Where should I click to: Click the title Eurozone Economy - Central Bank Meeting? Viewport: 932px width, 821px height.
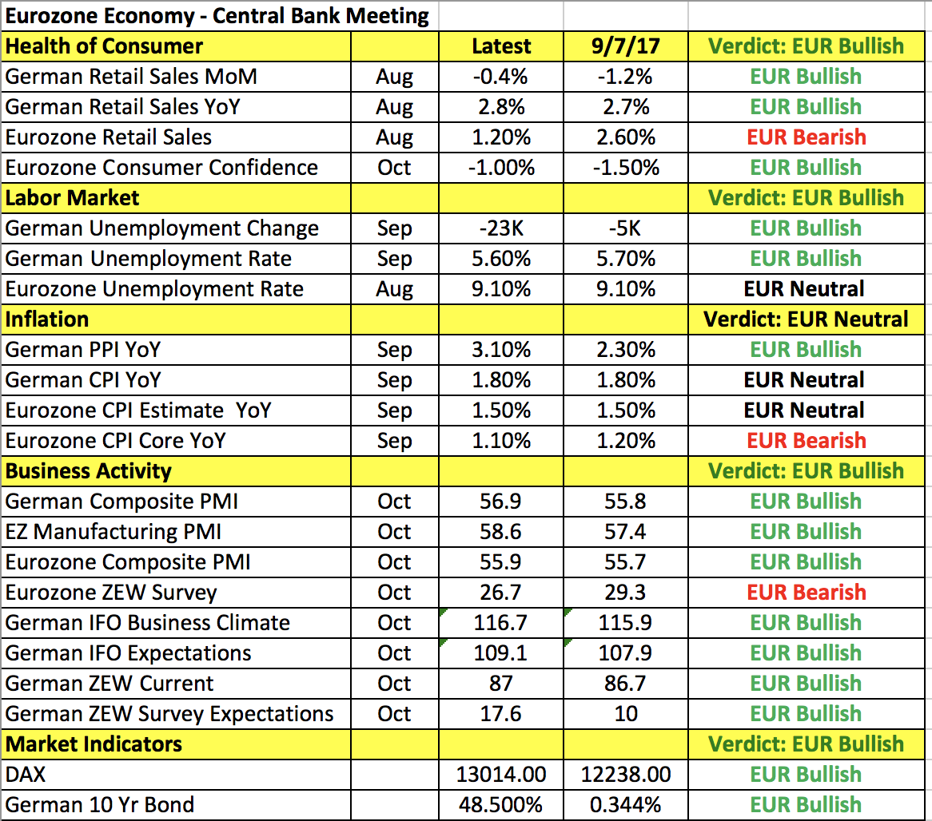point(217,16)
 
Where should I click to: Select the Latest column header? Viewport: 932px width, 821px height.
point(501,46)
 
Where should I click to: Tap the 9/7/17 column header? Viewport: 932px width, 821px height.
point(626,46)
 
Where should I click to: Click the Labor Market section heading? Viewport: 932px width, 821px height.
point(73,198)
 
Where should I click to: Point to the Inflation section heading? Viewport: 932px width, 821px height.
point(47,319)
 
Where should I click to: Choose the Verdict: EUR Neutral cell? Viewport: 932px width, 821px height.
point(806,319)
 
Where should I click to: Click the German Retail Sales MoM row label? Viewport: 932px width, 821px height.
point(131,77)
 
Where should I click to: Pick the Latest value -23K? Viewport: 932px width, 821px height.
point(501,228)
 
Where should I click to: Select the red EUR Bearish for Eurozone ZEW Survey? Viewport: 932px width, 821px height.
point(806,593)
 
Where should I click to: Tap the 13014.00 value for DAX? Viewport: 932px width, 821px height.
point(501,775)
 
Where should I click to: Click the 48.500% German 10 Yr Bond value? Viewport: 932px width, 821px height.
point(501,805)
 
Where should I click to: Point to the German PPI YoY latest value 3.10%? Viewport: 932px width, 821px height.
point(501,350)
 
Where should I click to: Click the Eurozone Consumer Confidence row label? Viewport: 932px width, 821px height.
point(161,168)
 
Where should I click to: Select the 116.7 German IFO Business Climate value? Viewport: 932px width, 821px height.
point(501,623)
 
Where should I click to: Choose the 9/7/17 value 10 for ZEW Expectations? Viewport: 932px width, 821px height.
point(626,714)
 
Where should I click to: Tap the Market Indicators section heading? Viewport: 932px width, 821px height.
point(94,744)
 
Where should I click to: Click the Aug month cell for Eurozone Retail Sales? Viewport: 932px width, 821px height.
point(394,137)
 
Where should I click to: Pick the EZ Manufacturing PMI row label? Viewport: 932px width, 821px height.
point(114,532)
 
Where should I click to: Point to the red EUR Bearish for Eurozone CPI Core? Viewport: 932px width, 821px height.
point(806,441)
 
